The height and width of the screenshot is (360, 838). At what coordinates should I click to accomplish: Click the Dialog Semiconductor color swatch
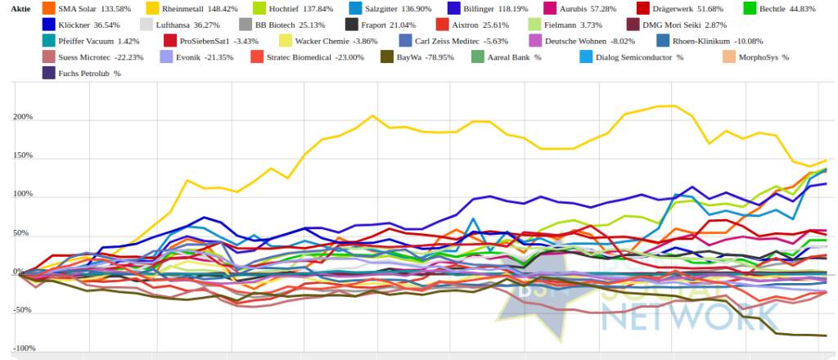586,57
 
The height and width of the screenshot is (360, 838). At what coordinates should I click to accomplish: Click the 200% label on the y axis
22,117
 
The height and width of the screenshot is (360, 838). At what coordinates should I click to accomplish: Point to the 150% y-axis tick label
22,155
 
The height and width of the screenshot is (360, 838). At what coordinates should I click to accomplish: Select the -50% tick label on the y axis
22,310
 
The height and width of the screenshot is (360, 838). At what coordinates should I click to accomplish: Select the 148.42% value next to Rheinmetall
217,8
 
